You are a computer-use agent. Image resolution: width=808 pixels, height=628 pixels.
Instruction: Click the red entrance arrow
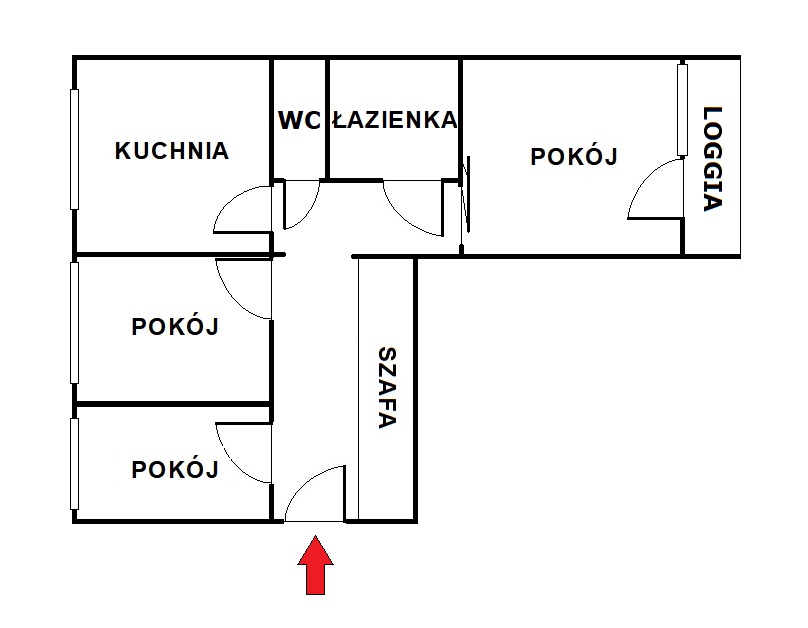pyautogui.click(x=315, y=566)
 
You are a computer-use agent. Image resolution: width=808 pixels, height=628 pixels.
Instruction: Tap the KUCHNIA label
pyautogui.click(x=172, y=151)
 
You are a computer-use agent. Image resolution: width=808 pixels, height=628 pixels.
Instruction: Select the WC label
pyautogui.click(x=299, y=121)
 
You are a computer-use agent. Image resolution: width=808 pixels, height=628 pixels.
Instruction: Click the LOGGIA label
pyautogui.click(x=714, y=159)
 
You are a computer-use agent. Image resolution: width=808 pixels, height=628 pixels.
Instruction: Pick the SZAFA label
pyautogui.click(x=387, y=388)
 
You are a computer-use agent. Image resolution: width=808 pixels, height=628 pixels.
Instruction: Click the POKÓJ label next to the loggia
pyautogui.click(x=574, y=156)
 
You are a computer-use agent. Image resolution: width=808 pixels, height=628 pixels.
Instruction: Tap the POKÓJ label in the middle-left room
pyautogui.click(x=175, y=326)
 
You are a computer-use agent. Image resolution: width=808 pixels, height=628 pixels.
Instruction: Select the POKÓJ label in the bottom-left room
pyautogui.click(x=175, y=469)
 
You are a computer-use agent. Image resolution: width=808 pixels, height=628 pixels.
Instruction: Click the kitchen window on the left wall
pyautogui.click(x=74, y=149)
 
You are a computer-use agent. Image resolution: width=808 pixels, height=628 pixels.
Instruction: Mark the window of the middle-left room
pyautogui.click(x=74, y=323)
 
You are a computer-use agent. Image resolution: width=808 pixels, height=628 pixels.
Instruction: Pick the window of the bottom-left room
pyautogui.click(x=74, y=464)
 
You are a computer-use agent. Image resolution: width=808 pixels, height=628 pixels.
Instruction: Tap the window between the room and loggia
pyautogui.click(x=682, y=109)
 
